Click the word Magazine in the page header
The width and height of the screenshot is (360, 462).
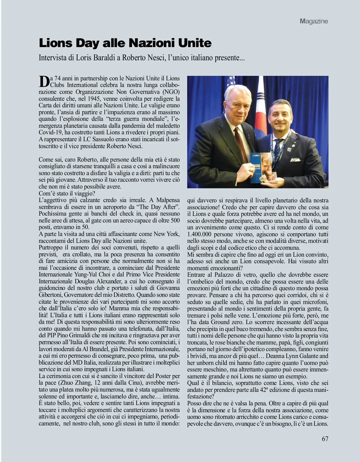pos(314,21)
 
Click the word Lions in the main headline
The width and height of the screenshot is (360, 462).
pos(56,43)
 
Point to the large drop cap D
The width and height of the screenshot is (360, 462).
pos(44,81)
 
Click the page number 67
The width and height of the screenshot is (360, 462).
pos(325,439)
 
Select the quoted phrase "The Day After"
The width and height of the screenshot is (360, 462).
pos(158,207)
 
